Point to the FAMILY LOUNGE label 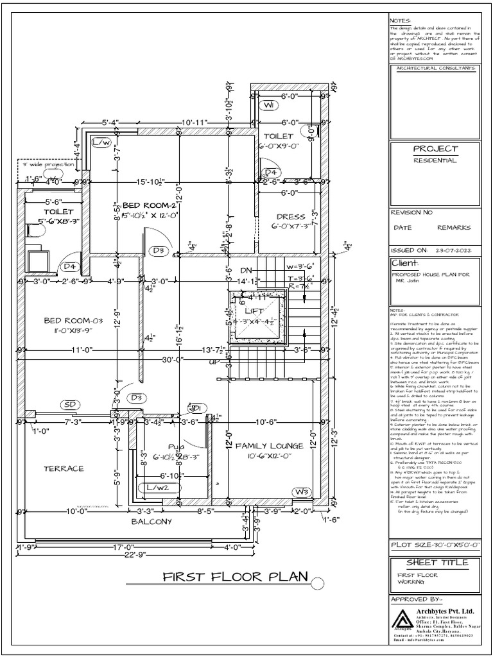[x=265, y=445]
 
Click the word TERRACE [x=64, y=468]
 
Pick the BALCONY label [x=151, y=522]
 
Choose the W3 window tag [x=302, y=492]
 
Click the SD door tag [x=71, y=405]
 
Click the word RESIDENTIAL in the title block [x=435, y=160]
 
